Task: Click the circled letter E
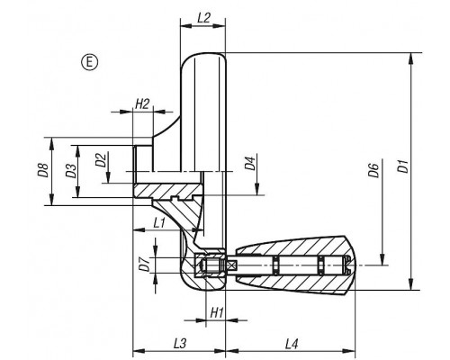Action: pyautogui.click(x=89, y=62)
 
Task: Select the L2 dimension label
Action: pyautogui.click(x=203, y=18)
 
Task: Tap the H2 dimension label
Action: pyautogui.click(x=142, y=104)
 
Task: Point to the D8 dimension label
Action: pyautogui.click(x=44, y=170)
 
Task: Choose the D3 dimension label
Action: pyautogui.click(x=71, y=170)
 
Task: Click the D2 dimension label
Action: pyautogui.click(x=101, y=159)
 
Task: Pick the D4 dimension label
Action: pyautogui.click(x=250, y=163)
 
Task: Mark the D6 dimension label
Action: pyautogui.click(x=374, y=170)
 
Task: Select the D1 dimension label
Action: pyautogui.click(x=404, y=166)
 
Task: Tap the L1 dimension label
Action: pyautogui.click(x=159, y=223)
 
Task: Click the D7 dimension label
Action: pyautogui.click(x=145, y=265)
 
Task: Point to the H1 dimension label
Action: pyautogui.click(x=217, y=313)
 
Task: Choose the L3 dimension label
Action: pyautogui.click(x=180, y=344)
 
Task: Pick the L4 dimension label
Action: pyautogui.click(x=292, y=344)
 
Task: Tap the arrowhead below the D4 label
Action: pyautogui.click(x=257, y=189)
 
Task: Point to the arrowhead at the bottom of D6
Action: pyautogui.click(x=382, y=259)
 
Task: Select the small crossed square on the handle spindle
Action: pyautogui.click(x=232, y=265)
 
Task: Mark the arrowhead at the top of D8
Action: pyautogui.click(x=52, y=144)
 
